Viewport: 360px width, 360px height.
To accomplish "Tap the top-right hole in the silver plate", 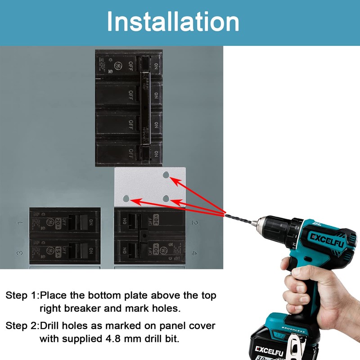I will pyautogui.click(x=166, y=175).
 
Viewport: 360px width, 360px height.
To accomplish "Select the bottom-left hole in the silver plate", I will pyautogui.click(x=126, y=198).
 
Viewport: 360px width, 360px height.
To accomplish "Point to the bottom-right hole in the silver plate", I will pyautogui.click(x=166, y=198).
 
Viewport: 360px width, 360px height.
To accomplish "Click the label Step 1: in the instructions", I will pyautogui.click(x=22, y=296).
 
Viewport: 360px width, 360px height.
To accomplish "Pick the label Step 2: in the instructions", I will pyautogui.click(x=22, y=325).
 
